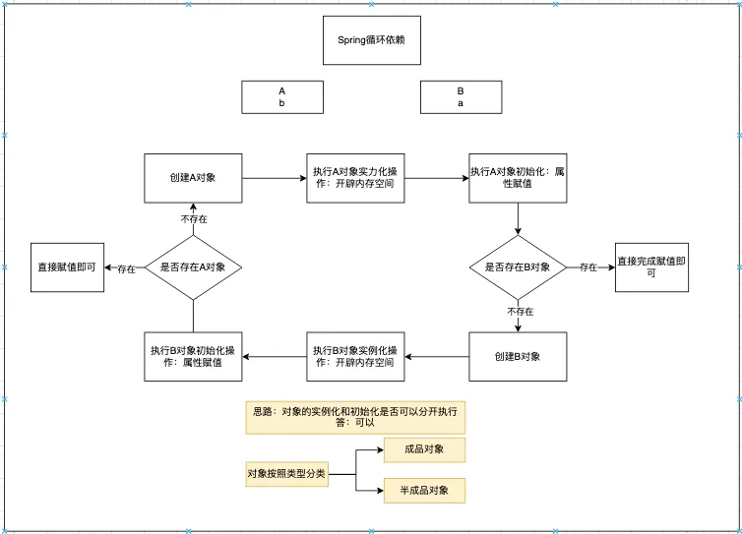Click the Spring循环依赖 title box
coord(371,40)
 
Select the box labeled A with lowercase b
coord(281,97)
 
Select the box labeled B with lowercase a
coord(460,97)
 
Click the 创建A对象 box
coord(193,178)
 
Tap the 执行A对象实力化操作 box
coord(355,178)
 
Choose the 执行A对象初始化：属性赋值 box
coord(518,178)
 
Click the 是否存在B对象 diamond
coord(518,267)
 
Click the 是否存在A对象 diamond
coord(193,267)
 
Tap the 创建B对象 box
coord(518,355)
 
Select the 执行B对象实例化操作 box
coord(355,355)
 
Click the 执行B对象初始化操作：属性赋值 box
coord(193,355)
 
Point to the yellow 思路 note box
coord(355,416)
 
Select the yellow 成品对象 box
coord(424,450)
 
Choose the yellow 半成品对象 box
coord(424,491)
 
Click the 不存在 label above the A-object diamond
coord(193,218)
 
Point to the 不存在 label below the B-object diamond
coord(520,312)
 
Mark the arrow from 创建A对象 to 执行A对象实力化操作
coord(274,178)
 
